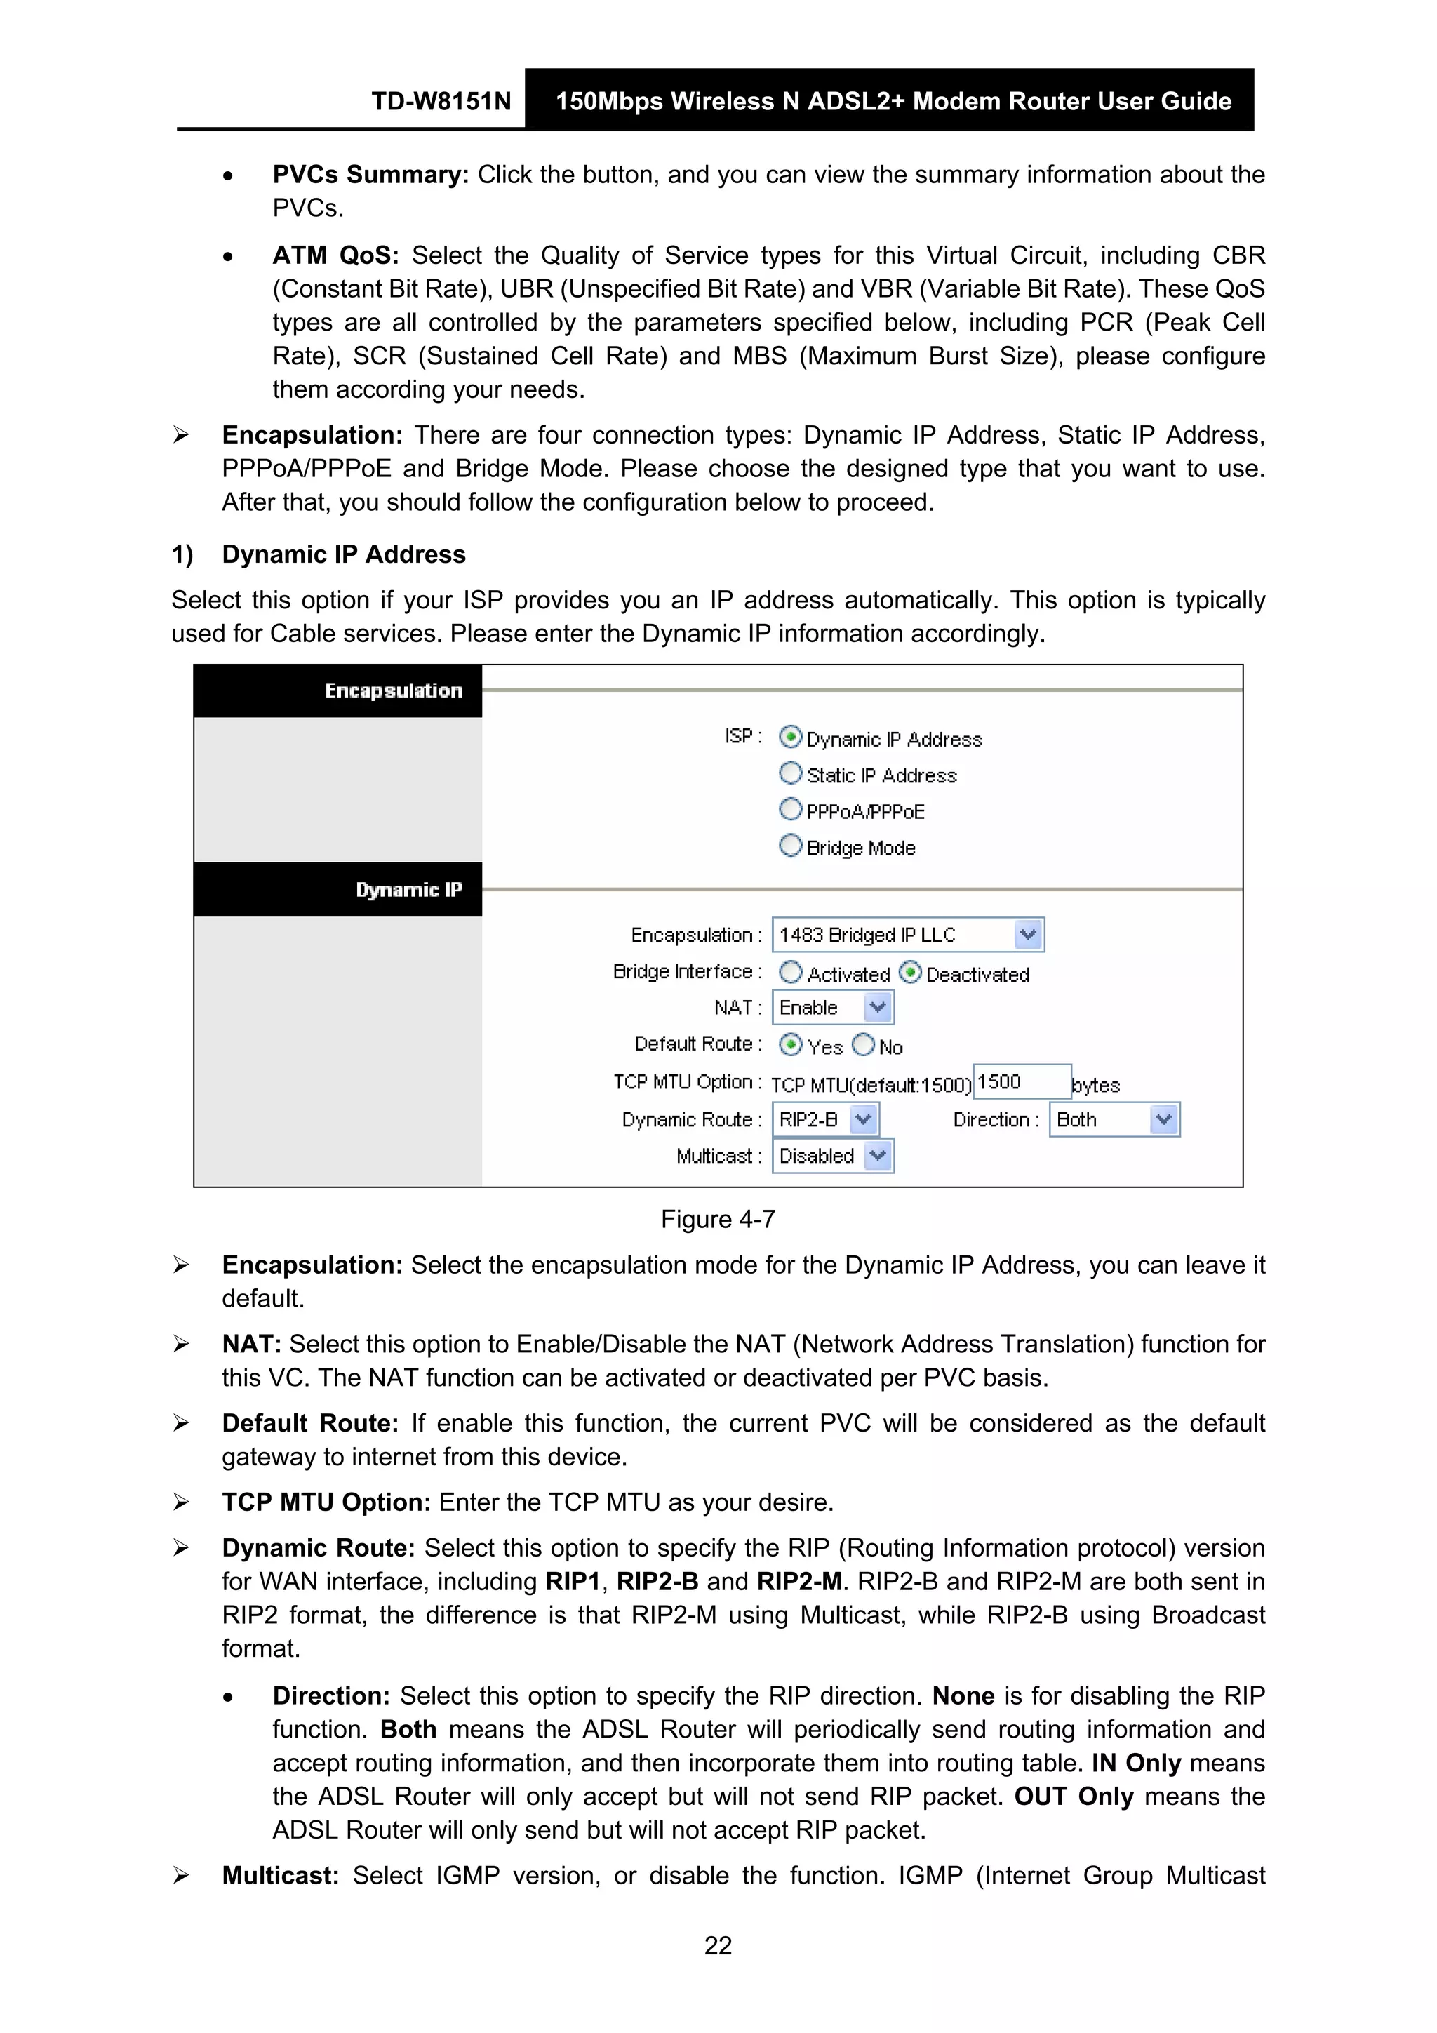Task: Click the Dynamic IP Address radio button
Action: [790, 737]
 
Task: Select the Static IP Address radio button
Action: [790, 773]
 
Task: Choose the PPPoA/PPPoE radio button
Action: [790, 809]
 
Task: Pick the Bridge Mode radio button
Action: [790, 846]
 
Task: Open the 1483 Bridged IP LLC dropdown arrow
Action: [1027, 934]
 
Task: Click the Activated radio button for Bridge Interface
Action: [790, 972]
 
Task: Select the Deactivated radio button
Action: [909, 972]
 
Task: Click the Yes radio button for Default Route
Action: [790, 1045]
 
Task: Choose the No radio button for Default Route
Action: [863, 1045]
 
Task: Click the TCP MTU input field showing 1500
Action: [1021, 1081]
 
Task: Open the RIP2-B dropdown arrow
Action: [863, 1119]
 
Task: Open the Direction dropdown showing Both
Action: [1163, 1119]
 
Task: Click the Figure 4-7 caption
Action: [717, 1219]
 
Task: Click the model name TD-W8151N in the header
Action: [441, 101]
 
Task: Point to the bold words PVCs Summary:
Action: [370, 175]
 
